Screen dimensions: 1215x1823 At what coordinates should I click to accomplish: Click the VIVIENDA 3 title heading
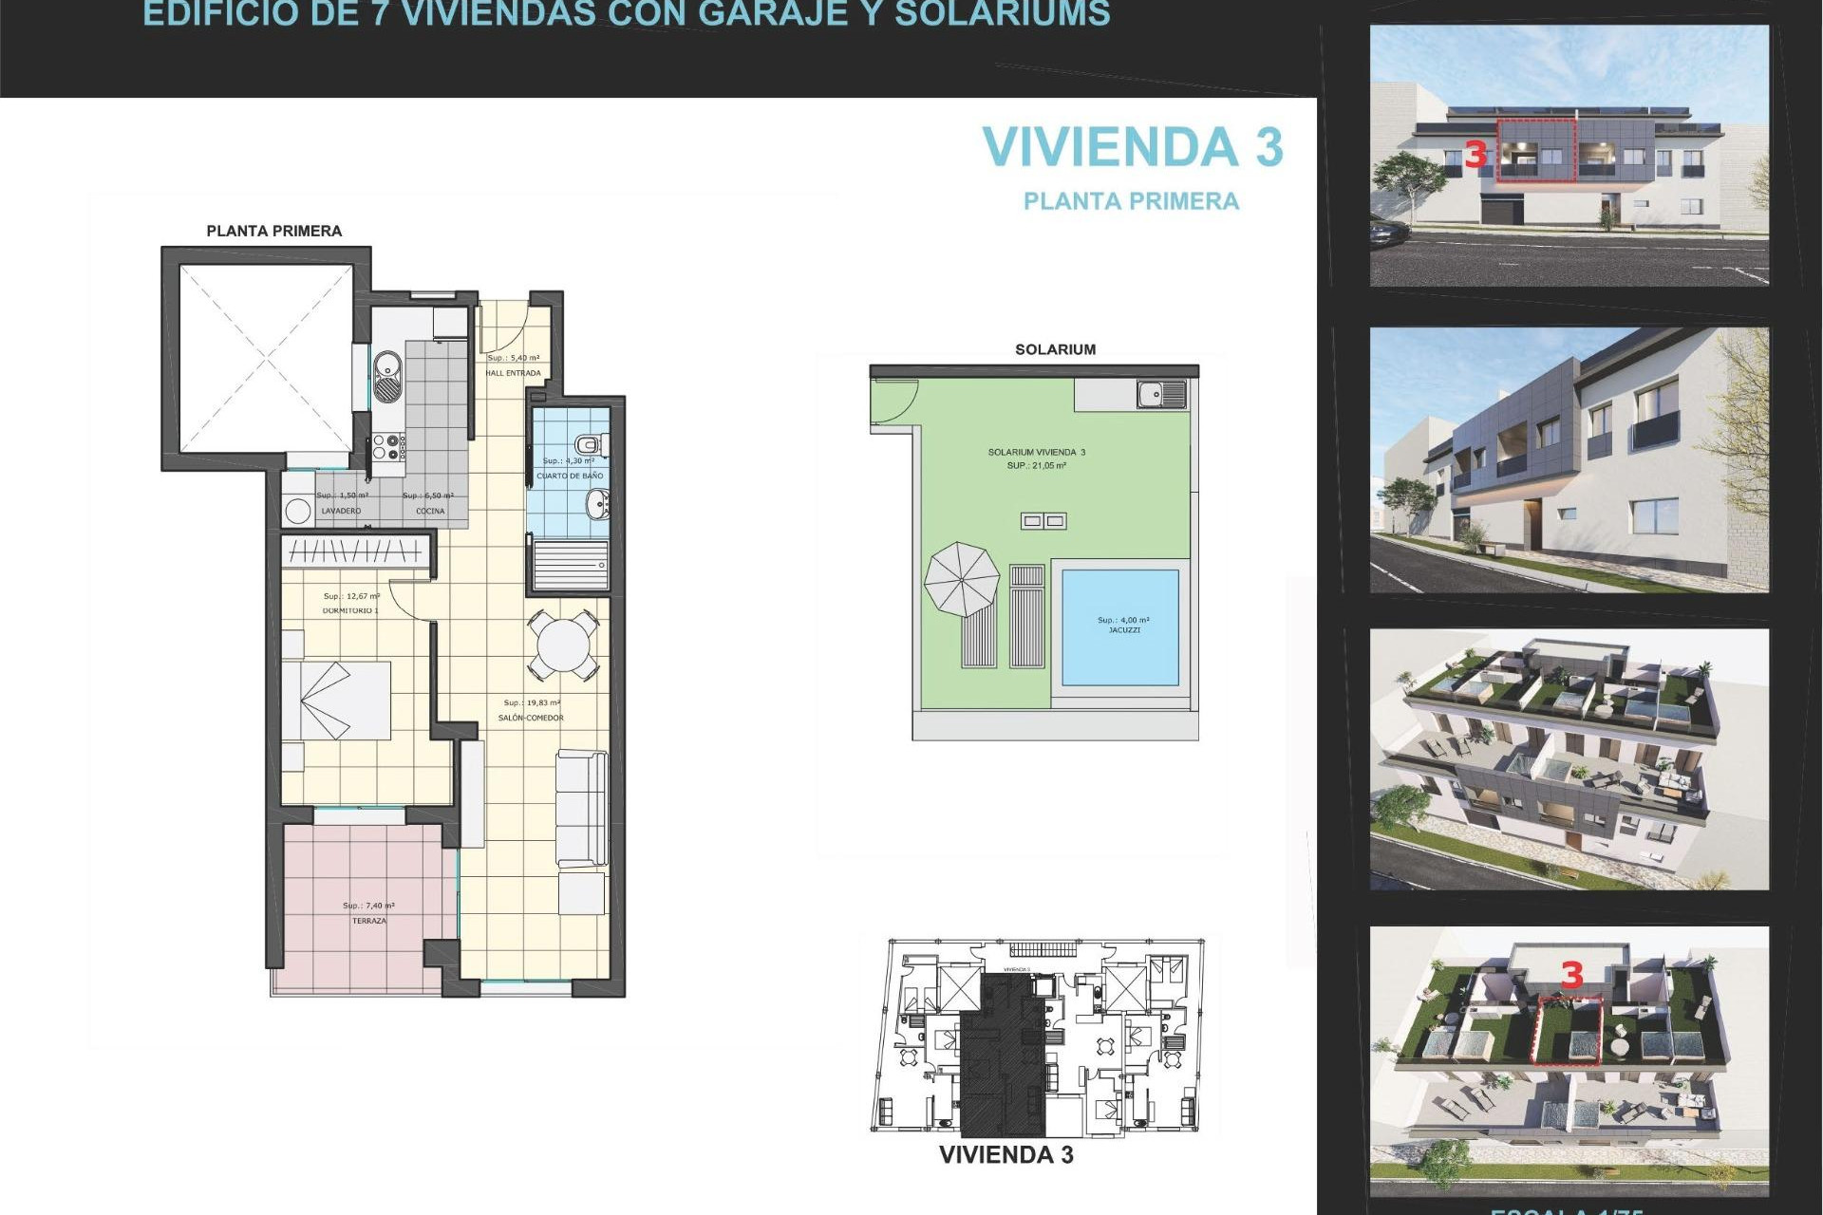[1132, 148]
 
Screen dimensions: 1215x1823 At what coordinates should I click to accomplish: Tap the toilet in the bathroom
[590, 443]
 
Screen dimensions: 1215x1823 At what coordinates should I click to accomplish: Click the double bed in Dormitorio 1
[336, 701]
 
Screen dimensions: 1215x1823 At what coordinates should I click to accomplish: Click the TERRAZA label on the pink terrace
[368, 921]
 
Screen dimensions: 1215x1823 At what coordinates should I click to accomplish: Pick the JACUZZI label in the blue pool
[1124, 630]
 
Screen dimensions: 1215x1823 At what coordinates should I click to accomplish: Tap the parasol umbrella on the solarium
[962, 579]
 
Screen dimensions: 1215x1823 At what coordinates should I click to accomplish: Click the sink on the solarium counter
[1160, 393]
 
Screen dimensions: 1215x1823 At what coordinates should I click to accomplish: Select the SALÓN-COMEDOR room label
[531, 718]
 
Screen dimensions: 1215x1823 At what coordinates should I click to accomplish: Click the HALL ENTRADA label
[513, 373]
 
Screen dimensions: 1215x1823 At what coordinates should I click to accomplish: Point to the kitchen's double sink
[387, 377]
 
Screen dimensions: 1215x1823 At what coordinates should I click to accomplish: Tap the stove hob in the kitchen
[387, 447]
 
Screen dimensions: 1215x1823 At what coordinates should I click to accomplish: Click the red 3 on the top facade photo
[1475, 155]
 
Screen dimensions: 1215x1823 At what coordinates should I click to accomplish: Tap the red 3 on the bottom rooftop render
[1572, 975]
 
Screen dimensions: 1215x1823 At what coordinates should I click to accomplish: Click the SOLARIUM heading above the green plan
[1055, 349]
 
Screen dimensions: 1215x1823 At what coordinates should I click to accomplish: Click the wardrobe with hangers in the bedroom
[355, 551]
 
